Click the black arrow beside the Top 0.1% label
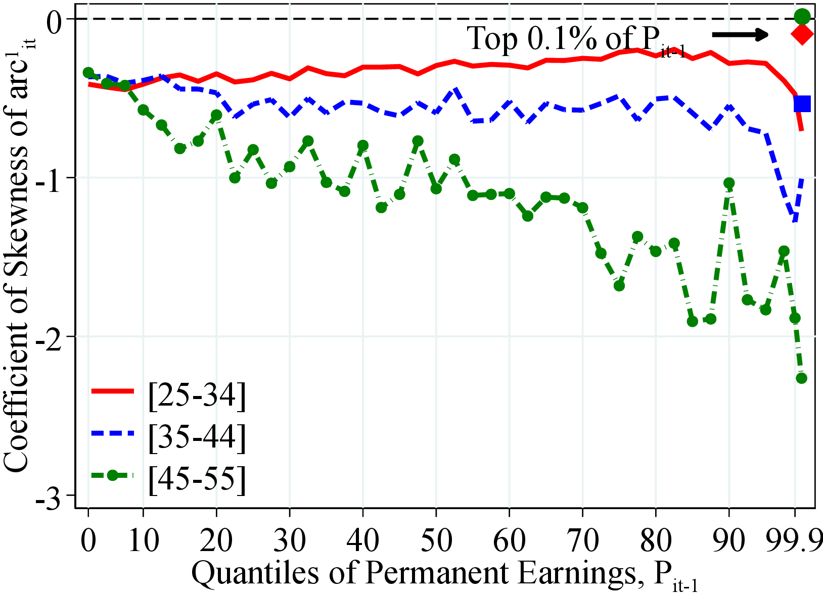[740, 34]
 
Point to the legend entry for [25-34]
[197, 395]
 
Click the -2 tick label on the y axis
[53, 336]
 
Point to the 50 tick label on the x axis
[436, 539]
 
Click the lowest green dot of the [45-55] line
[801, 378]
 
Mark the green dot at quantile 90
[729, 183]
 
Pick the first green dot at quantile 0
[88, 73]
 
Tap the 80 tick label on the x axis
[656, 539]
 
